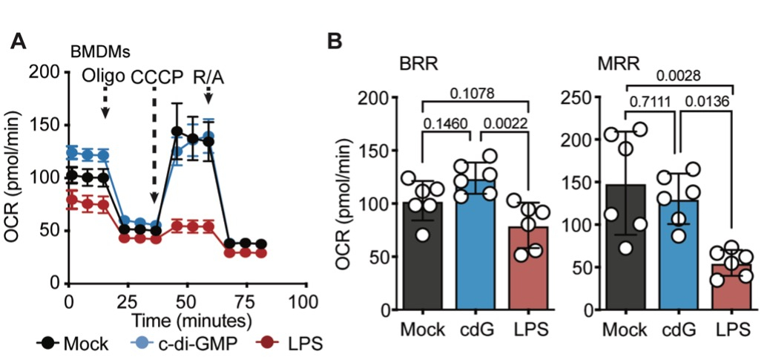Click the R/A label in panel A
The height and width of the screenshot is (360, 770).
tap(208, 76)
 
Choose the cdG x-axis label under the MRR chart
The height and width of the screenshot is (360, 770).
tap(678, 330)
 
